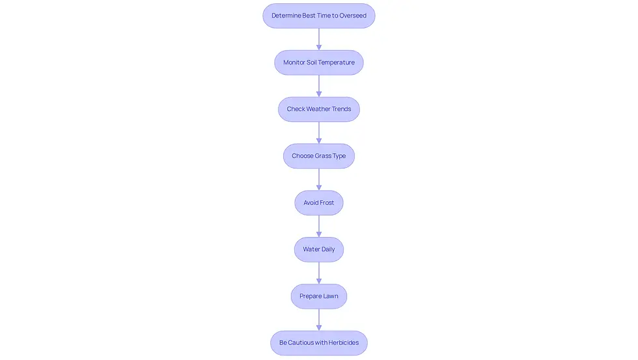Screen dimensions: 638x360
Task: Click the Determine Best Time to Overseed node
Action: pos(318,16)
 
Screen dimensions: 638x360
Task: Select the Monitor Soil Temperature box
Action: pos(318,62)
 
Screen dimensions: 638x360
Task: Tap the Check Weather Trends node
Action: pos(318,109)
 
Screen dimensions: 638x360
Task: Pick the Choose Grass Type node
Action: pos(318,156)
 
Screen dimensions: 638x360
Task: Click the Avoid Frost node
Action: pos(318,202)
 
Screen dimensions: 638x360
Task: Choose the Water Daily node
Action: pos(318,249)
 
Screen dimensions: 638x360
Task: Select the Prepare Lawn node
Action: pos(318,296)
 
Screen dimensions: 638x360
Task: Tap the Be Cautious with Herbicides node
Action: pos(318,343)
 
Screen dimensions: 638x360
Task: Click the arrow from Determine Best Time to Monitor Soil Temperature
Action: pos(318,39)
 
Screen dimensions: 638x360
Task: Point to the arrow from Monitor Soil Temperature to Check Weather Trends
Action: pos(318,86)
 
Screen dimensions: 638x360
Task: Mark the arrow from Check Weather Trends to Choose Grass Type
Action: pos(318,133)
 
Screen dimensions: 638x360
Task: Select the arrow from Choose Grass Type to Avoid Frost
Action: pos(318,180)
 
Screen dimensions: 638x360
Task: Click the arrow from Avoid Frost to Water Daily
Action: pos(318,226)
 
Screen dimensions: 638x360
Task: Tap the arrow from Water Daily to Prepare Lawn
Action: pos(318,273)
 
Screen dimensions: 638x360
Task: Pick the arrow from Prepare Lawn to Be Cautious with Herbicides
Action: pos(318,320)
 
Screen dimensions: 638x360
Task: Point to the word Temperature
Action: pos(336,62)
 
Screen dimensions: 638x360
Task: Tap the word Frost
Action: pos(327,202)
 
